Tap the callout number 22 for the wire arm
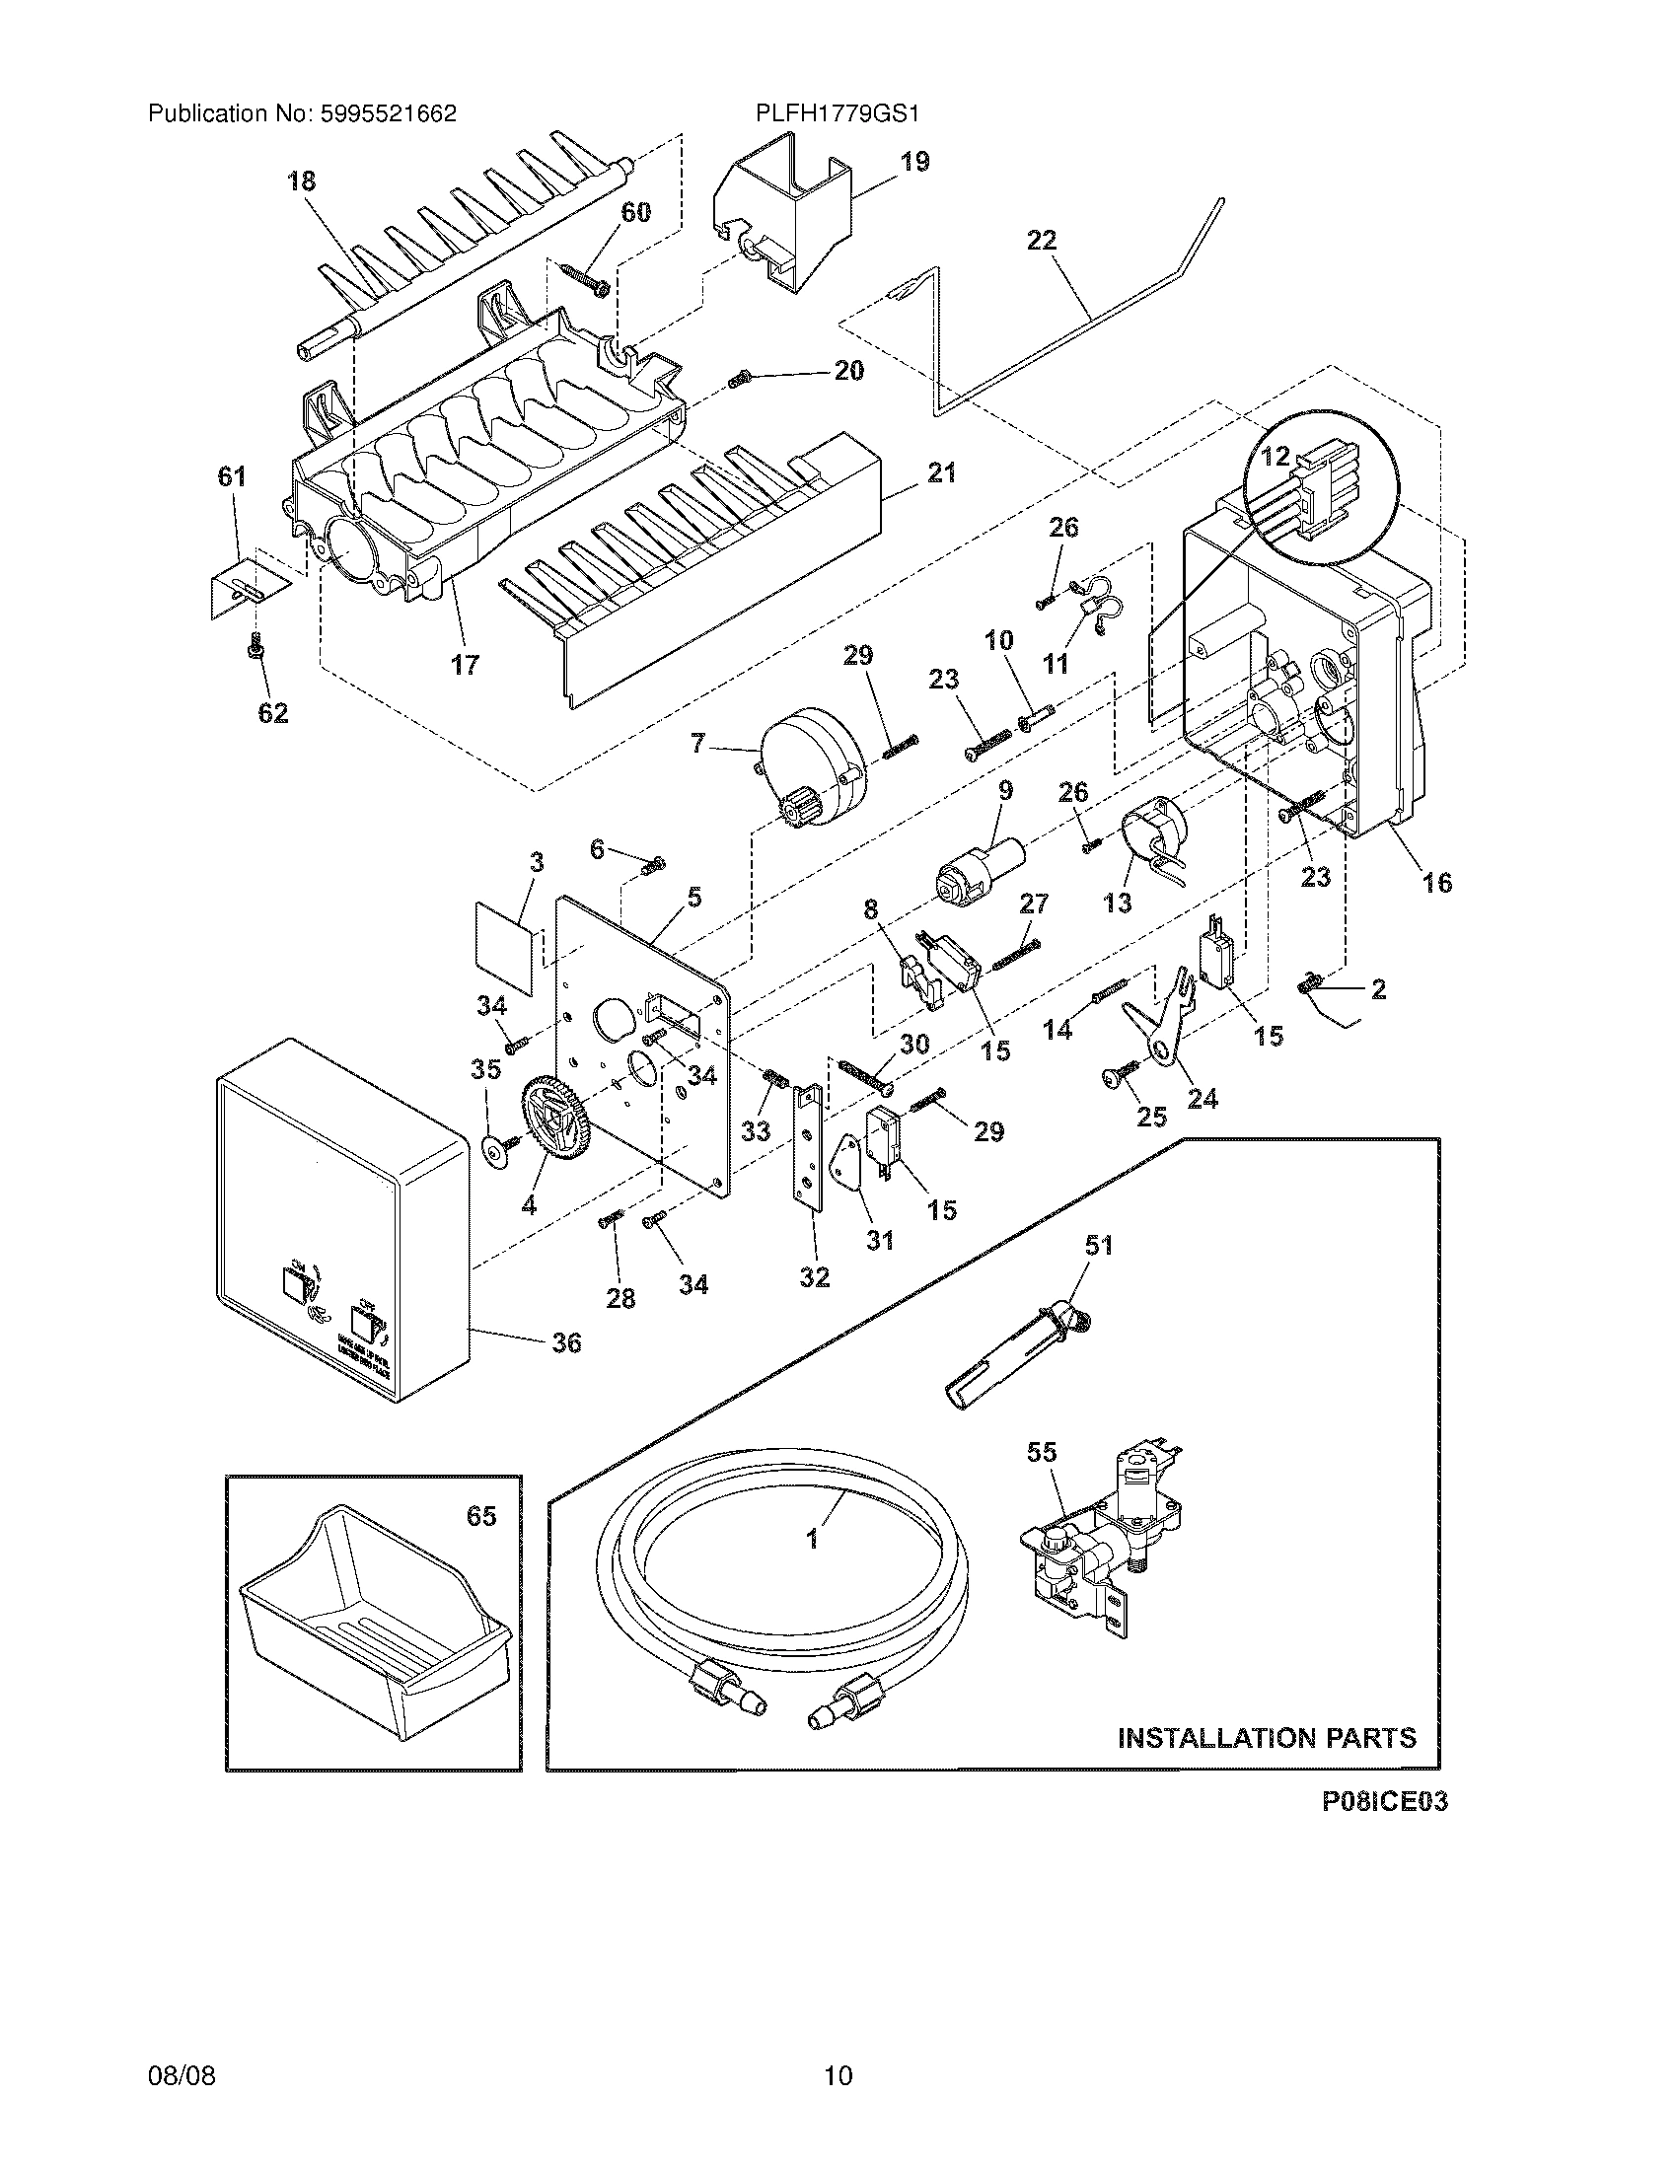(1041, 241)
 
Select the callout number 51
(1099, 1245)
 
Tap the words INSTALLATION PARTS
(1267, 1738)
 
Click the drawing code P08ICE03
(1384, 1802)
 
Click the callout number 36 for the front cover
(566, 1342)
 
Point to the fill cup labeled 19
(785, 215)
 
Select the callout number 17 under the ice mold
(465, 665)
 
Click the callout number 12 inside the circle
(1276, 456)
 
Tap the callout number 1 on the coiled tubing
(812, 1539)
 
